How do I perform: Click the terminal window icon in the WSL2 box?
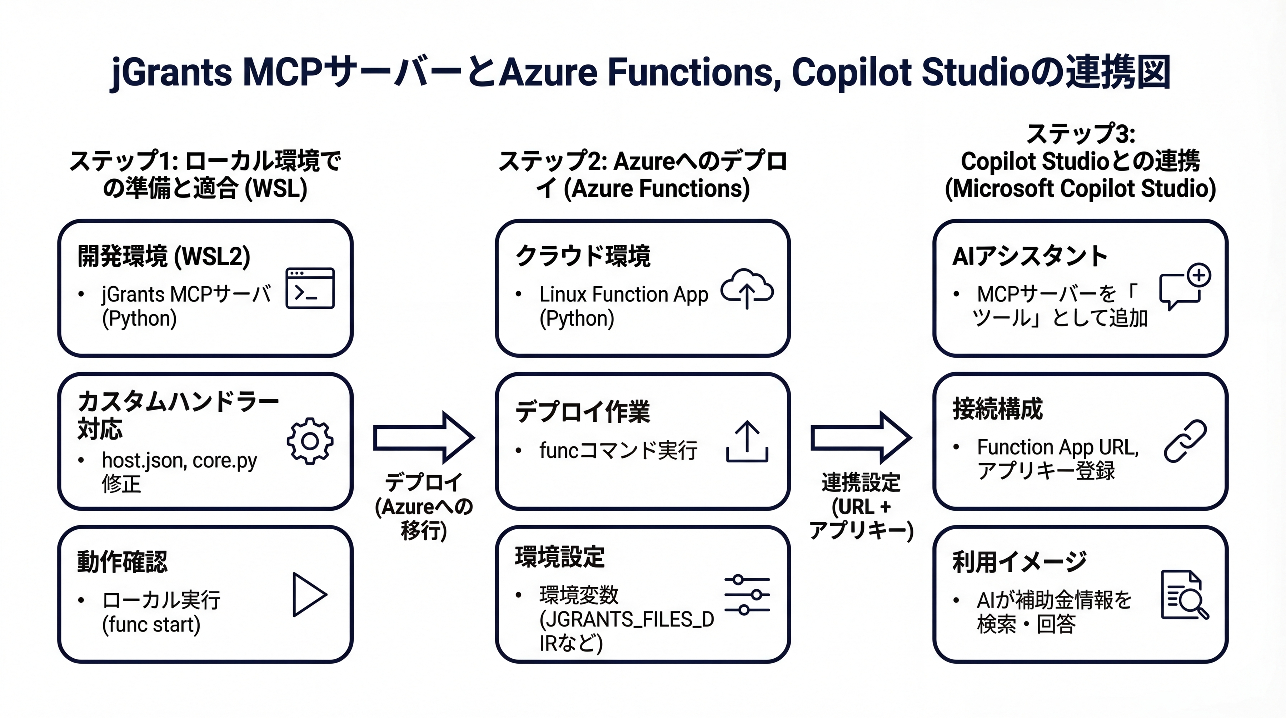pyautogui.click(x=310, y=288)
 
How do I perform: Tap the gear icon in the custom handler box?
pyautogui.click(x=310, y=441)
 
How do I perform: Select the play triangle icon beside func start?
pyautogui.click(x=309, y=594)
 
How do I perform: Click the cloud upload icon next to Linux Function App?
pyautogui.click(x=747, y=289)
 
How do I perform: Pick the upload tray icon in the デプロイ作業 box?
pyautogui.click(x=747, y=441)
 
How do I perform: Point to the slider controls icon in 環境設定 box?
pyautogui.click(x=747, y=595)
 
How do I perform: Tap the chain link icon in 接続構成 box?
pyautogui.click(x=1185, y=441)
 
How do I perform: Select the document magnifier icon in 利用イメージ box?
pyautogui.click(x=1184, y=595)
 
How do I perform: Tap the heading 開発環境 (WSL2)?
pyautogui.click(x=164, y=256)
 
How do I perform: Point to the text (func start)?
pyautogui.click(x=151, y=624)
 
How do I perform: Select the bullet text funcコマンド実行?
pyautogui.click(x=618, y=450)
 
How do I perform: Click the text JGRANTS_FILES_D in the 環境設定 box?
pyautogui.click(x=627, y=619)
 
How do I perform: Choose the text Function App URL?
pyautogui.click(x=1057, y=447)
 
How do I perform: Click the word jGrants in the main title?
pyautogui.click(x=171, y=73)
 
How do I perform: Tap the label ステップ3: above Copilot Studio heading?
pyautogui.click(x=1080, y=134)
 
